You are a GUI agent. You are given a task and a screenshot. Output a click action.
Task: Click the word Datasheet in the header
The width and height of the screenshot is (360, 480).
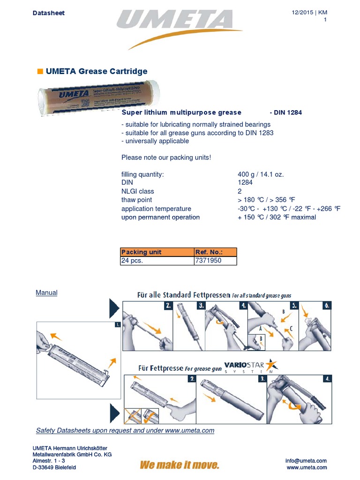(x=49, y=13)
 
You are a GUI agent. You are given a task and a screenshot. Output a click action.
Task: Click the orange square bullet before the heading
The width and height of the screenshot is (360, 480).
(x=40, y=71)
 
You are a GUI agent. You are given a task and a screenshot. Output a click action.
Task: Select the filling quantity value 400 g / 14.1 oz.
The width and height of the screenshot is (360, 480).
(x=261, y=174)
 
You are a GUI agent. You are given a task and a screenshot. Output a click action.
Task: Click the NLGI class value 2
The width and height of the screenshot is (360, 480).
(x=240, y=191)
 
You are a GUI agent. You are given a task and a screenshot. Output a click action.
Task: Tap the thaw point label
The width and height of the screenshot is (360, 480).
(x=136, y=200)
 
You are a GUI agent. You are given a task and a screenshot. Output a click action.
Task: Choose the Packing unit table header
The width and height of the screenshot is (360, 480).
(x=141, y=252)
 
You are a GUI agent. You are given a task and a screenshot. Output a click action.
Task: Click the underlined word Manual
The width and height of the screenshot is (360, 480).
(x=47, y=292)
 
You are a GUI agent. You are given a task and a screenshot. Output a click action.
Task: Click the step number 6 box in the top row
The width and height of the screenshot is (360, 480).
(x=327, y=305)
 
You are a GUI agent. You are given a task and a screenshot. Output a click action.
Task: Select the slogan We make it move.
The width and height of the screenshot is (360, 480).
(x=180, y=465)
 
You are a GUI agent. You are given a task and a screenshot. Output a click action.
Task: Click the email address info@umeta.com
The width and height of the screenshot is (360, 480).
(x=306, y=461)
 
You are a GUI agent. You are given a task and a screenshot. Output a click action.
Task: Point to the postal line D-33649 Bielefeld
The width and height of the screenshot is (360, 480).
(x=54, y=467)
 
